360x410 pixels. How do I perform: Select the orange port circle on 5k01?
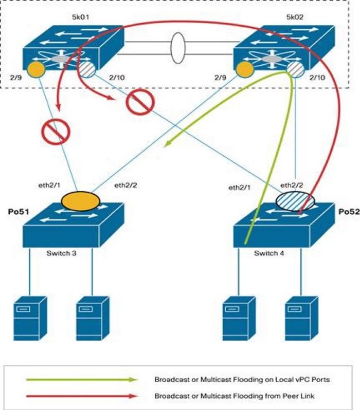click(35, 68)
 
